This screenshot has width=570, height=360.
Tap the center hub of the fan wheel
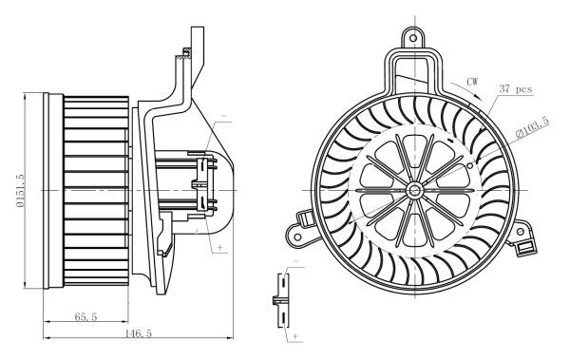coord(415,189)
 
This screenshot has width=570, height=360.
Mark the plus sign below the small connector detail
coord(296,336)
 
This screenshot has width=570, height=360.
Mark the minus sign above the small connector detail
coord(295,260)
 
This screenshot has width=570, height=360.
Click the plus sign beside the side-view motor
coord(221,247)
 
